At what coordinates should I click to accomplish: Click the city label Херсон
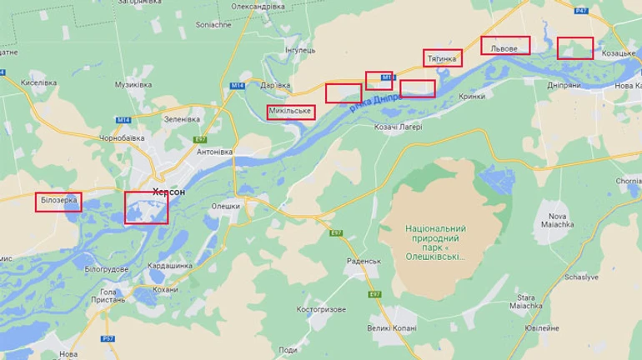(169, 191)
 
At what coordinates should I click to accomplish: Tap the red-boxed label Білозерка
(59, 201)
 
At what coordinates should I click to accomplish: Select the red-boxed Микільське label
(291, 112)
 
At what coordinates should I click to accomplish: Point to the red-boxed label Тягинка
(442, 58)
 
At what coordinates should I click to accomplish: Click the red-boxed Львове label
(505, 48)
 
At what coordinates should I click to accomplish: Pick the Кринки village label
(472, 97)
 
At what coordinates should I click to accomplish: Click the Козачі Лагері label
(398, 127)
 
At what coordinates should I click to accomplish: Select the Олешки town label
(225, 206)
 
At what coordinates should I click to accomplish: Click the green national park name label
(434, 242)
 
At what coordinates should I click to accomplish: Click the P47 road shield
(581, 10)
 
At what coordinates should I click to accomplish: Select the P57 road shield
(108, 338)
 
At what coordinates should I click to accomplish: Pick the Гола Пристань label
(108, 297)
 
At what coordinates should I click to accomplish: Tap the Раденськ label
(364, 261)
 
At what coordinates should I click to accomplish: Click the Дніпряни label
(564, 85)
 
